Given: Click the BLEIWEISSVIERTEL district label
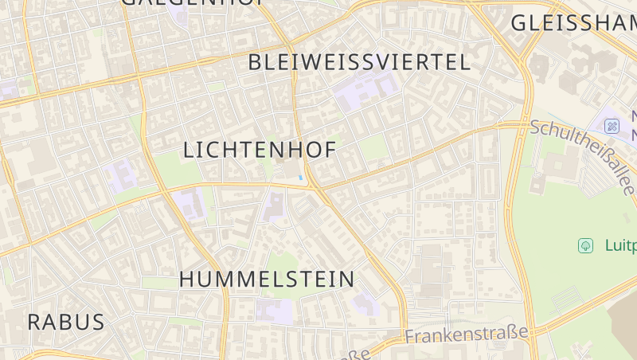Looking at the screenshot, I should pyautogui.click(x=359, y=63).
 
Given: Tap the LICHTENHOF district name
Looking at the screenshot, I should pyautogui.click(x=259, y=150).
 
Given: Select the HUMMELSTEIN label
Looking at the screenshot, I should pyautogui.click(x=267, y=280).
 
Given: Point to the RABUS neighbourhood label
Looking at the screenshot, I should pyautogui.click(x=65, y=323).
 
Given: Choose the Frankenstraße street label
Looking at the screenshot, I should pyautogui.click(x=467, y=334).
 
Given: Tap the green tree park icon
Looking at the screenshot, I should pyautogui.click(x=586, y=245).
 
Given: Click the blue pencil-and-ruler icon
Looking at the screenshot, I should pyautogui.click(x=612, y=126).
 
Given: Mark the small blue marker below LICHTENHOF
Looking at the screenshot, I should pyautogui.click(x=300, y=178).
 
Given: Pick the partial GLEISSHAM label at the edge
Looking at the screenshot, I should pyautogui.click(x=573, y=23).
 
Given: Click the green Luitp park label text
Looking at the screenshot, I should pyautogui.click(x=620, y=245).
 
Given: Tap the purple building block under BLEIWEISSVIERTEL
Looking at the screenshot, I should pyautogui.click(x=365, y=95).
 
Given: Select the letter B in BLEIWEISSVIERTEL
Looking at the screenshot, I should pyautogui.click(x=256, y=63).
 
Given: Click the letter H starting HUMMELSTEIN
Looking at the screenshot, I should pyautogui.click(x=187, y=280).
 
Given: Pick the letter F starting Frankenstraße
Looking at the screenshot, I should pyautogui.click(x=410, y=338).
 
